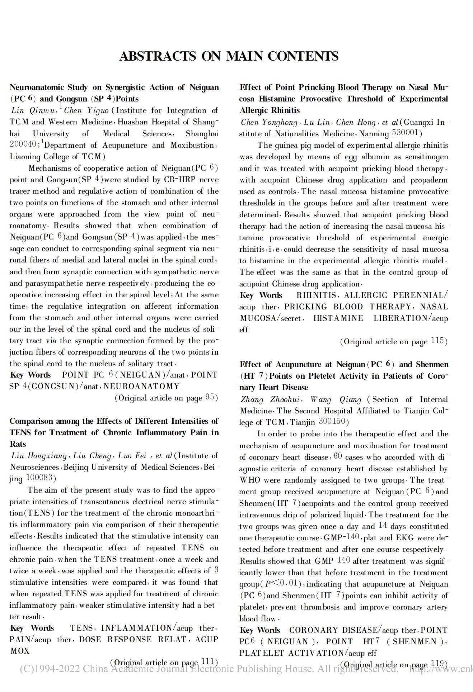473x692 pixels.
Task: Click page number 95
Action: coord(210,397)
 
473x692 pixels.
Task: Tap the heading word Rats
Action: coord(18,444)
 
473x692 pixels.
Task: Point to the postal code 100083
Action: coord(39,478)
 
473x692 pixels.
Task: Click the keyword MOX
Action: coord(20,651)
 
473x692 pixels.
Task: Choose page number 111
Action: coord(208,662)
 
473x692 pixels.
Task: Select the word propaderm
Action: coord(429,180)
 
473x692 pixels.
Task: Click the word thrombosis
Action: coord(320,607)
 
